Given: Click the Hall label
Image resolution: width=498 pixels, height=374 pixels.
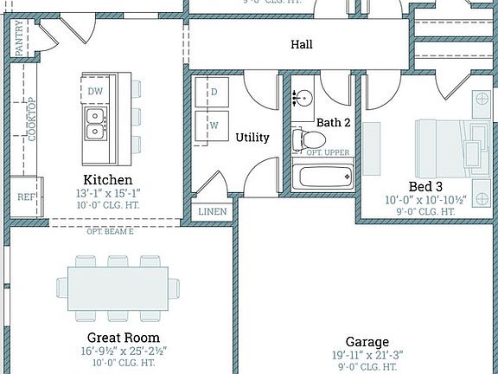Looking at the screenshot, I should [302, 44].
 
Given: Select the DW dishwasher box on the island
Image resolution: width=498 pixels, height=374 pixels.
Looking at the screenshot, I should [94, 91].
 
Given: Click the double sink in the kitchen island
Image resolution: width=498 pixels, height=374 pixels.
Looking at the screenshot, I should [95, 123].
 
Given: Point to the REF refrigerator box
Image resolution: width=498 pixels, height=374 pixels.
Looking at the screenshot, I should [25, 197].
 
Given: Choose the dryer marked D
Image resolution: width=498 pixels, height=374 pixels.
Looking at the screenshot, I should [211, 92].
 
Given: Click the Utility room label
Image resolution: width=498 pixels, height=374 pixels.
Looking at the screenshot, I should [252, 137].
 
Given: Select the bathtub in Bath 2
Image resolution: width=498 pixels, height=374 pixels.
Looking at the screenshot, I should [324, 177].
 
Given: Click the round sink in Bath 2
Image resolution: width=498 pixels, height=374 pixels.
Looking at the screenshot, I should [303, 98].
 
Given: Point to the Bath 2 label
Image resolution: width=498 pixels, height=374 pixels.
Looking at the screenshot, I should [333, 123].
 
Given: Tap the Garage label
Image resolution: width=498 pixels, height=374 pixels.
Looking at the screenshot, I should [367, 342].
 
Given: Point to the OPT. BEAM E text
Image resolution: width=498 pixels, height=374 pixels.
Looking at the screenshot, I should [110, 231].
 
